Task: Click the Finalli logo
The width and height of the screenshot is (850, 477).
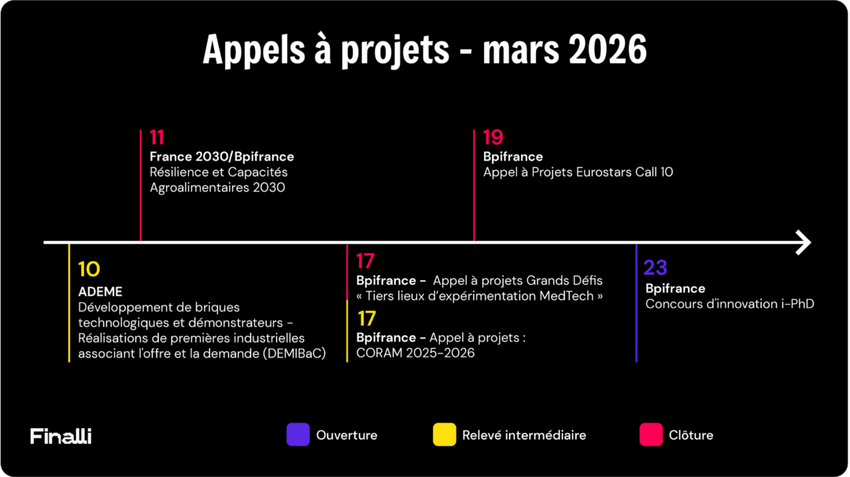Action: pyautogui.click(x=61, y=435)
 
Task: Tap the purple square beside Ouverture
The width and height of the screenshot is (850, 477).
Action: pyautogui.click(x=297, y=434)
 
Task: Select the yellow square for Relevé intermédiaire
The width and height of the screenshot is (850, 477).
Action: pyautogui.click(x=445, y=434)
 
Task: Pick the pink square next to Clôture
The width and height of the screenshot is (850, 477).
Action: pyautogui.click(x=651, y=434)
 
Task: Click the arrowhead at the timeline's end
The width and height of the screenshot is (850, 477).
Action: pyautogui.click(x=803, y=242)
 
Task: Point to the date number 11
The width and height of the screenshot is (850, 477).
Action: pyautogui.click(x=157, y=139)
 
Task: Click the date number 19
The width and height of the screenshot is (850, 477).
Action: pyautogui.click(x=493, y=139)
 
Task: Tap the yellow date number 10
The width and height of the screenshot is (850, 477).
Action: pyautogui.click(x=89, y=270)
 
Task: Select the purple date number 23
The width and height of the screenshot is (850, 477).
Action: pyautogui.click(x=656, y=268)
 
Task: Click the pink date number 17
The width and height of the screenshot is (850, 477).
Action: pyautogui.click(x=365, y=261)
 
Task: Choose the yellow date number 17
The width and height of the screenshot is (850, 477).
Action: pyautogui.click(x=366, y=319)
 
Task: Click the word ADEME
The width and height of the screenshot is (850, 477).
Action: pyautogui.click(x=100, y=292)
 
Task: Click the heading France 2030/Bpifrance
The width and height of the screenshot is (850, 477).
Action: pyautogui.click(x=222, y=157)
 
